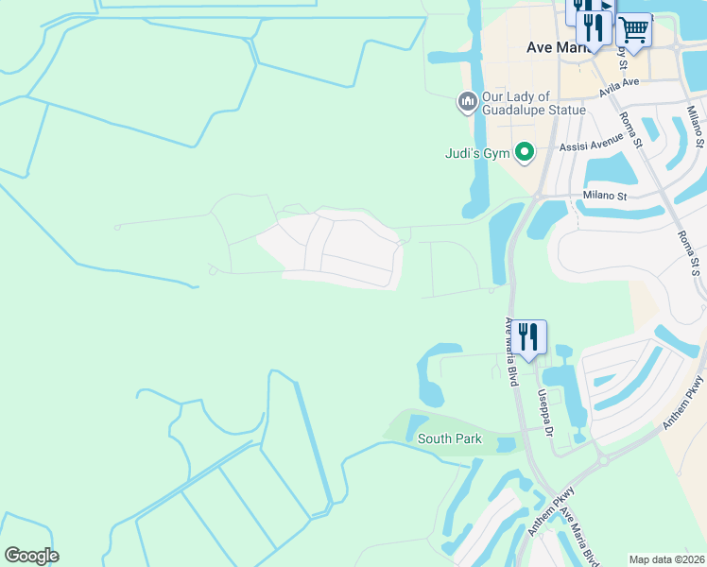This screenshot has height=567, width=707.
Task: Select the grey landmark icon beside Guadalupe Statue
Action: pos(467,102)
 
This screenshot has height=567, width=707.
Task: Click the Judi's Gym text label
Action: pos(477,153)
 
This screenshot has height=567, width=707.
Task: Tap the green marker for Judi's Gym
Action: pos(523,152)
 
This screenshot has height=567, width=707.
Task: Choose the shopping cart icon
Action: pos(634,30)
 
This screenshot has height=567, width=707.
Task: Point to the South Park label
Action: pos(450,438)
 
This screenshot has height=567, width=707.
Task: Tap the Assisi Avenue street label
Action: pos(591,146)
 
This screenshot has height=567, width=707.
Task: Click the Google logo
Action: pos(31,556)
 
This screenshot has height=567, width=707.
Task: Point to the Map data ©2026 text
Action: pos(667,559)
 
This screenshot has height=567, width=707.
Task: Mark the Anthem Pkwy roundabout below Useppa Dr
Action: pos(602,460)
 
